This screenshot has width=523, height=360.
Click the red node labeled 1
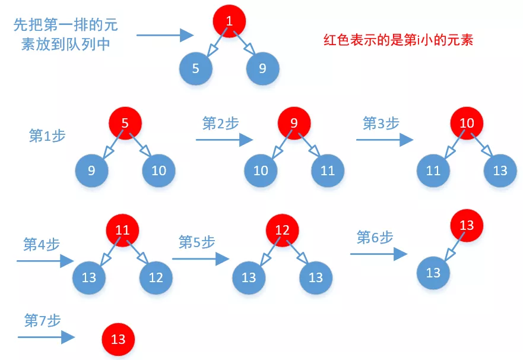(x=229, y=22)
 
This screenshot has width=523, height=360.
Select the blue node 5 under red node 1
(x=195, y=69)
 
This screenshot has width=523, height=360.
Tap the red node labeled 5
(x=125, y=124)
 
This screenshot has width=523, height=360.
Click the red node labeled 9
(x=294, y=124)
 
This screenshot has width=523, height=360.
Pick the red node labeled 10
(x=467, y=124)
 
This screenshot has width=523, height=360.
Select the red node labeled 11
(x=122, y=229)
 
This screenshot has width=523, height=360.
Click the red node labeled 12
(x=283, y=229)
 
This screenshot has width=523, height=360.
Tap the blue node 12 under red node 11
(x=156, y=277)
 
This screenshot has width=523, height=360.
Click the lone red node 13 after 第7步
(x=118, y=339)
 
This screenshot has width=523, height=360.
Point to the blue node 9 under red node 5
(x=91, y=171)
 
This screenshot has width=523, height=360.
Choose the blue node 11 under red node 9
(x=328, y=171)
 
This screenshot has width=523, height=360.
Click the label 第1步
(x=47, y=135)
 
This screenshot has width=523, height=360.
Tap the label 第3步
(x=381, y=124)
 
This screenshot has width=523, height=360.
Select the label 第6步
(x=375, y=238)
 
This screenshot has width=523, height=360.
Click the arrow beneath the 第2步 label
(x=224, y=140)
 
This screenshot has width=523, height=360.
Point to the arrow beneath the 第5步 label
(x=201, y=259)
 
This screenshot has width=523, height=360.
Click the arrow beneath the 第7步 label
(x=46, y=337)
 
